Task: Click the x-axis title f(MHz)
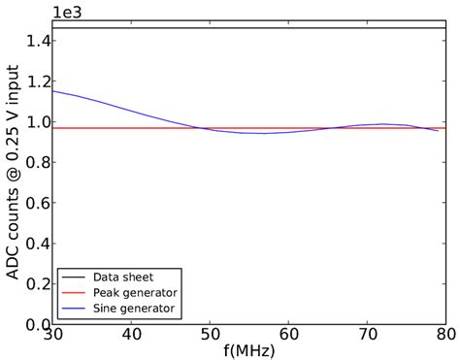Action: pos(248,351)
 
